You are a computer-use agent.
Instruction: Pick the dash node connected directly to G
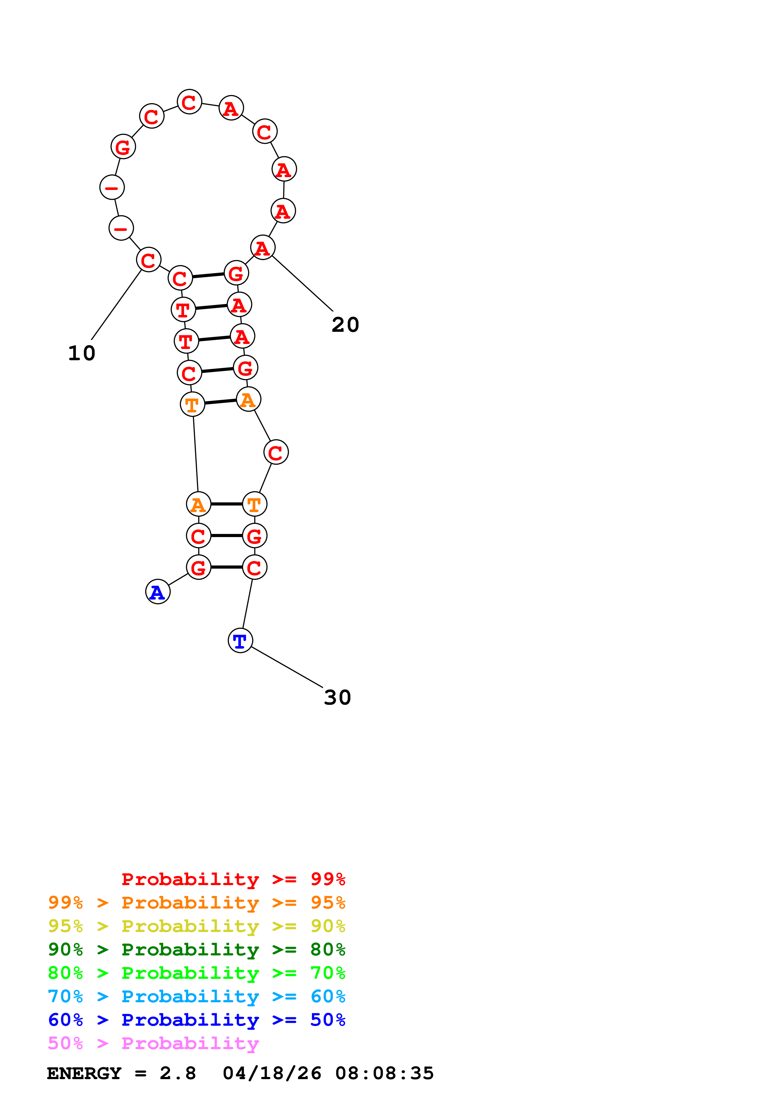tap(112, 187)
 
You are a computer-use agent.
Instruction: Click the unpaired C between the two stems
tap(276, 452)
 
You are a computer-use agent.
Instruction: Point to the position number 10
tap(82, 354)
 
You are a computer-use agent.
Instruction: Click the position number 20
tap(345, 325)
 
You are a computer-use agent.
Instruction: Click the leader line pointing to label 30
tap(286, 667)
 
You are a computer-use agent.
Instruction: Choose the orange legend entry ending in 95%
tap(196, 903)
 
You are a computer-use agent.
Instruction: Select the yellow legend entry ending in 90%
tap(196, 926)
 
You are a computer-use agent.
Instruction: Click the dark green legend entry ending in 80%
tap(196, 949)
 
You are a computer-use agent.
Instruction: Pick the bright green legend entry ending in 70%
tap(196, 973)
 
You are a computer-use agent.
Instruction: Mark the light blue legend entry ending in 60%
tap(196, 996)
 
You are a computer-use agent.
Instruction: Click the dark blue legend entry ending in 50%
tap(196, 1020)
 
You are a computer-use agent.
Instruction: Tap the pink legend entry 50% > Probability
tap(153, 1043)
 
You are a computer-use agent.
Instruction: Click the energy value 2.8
tap(178, 1073)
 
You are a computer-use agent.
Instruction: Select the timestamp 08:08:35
tap(385, 1073)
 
